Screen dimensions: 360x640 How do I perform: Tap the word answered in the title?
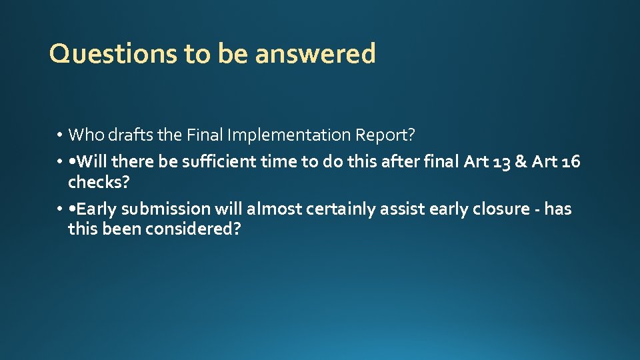pyautogui.click(x=315, y=54)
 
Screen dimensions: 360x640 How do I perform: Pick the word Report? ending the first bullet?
pyautogui.click(x=385, y=135)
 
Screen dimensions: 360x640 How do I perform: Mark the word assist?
pyautogui.click(x=403, y=209)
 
